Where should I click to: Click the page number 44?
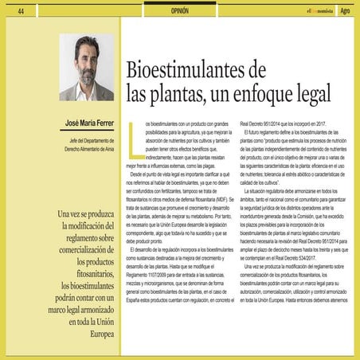pos(21,10)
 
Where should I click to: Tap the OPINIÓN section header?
pos(180,10)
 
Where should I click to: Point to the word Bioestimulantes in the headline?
pos(186,70)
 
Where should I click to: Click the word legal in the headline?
pos(308,94)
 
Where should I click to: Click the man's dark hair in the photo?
pos(87,42)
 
